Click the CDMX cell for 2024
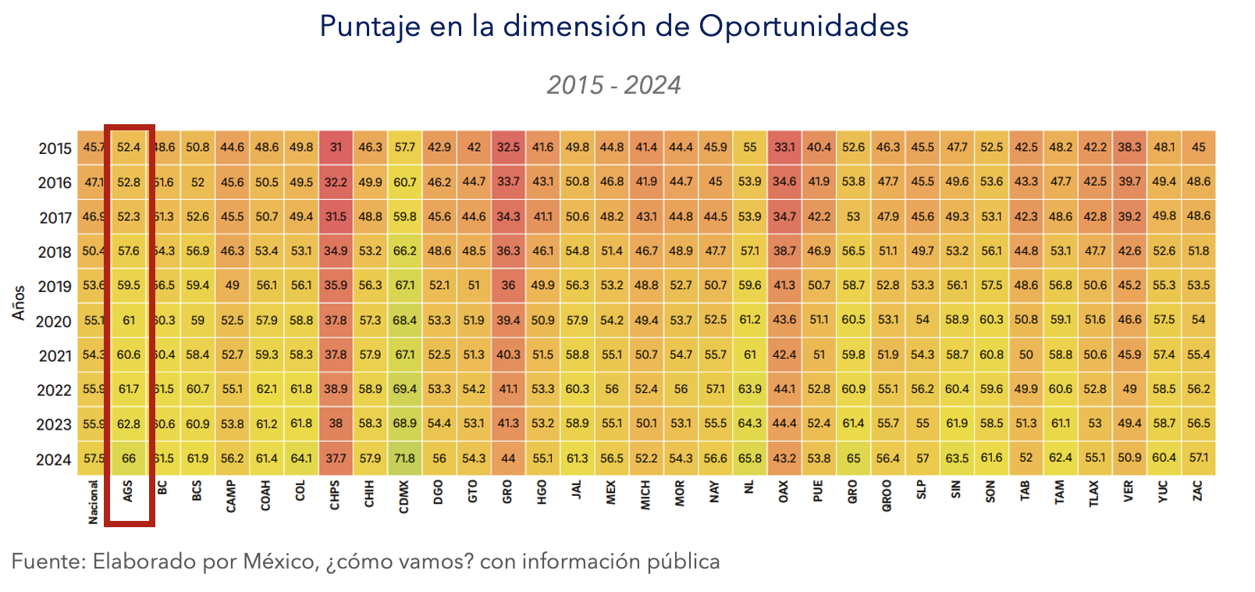pyautogui.click(x=404, y=458)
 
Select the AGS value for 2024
pyautogui.click(x=129, y=458)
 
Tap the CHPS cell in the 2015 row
pyautogui.click(x=336, y=147)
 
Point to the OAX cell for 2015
pyautogui.click(x=784, y=147)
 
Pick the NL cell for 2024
pyautogui.click(x=749, y=458)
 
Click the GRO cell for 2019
pyautogui.click(x=508, y=286)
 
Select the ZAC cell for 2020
pyautogui.click(x=1198, y=320)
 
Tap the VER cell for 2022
pyautogui.click(x=1129, y=389)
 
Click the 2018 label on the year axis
pyautogui.click(x=55, y=252)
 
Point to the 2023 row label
pyautogui.click(x=54, y=425)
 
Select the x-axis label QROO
pyautogui.click(x=887, y=496)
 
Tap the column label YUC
pyautogui.click(x=1164, y=491)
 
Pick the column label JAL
pyautogui.click(x=577, y=490)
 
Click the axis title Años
pyautogui.click(x=20, y=302)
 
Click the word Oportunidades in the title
pyautogui.click(x=803, y=27)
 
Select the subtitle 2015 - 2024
pyautogui.click(x=613, y=84)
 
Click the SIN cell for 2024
pyautogui.click(x=957, y=458)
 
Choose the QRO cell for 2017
pyautogui.click(x=853, y=216)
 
